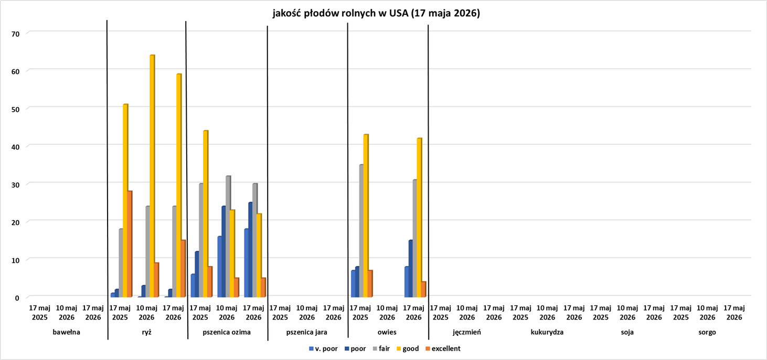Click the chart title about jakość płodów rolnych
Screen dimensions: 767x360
pyautogui.click(x=376, y=13)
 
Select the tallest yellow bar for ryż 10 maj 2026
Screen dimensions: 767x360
pyautogui.click(x=152, y=176)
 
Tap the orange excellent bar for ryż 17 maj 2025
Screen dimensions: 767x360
pyautogui.click(x=130, y=244)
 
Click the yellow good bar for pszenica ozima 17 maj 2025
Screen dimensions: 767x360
pyautogui.click(x=206, y=214)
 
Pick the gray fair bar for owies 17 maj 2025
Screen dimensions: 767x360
pyautogui.click(x=361, y=231)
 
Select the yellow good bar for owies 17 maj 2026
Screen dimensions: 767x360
pyautogui.click(x=420, y=217)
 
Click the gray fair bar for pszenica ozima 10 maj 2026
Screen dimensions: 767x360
pyautogui.click(x=228, y=236)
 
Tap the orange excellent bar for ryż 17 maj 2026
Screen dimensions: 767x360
pyautogui.click(x=183, y=269)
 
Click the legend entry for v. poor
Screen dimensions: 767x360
pyautogui.click(x=323, y=348)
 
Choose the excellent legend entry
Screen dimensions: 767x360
pyautogui.click(x=443, y=348)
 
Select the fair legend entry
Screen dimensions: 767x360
pyautogui.click(x=381, y=348)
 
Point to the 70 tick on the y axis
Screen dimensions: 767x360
pyautogui.click(x=15, y=34)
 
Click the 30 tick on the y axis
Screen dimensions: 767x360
pyautogui.click(x=15, y=185)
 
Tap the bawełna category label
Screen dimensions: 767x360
pyautogui.click(x=67, y=332)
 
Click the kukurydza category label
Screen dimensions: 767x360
pyautogui.click(x=547, y=332)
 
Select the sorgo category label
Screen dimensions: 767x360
pyautogui.click(x=707, y=332)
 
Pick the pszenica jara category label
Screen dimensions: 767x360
pyautogui.click(x=307, y=332)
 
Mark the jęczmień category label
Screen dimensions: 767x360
pyautogui.click(x=467, y=332)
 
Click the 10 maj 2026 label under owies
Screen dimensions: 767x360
pyautogui.click(x=387, y=313)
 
